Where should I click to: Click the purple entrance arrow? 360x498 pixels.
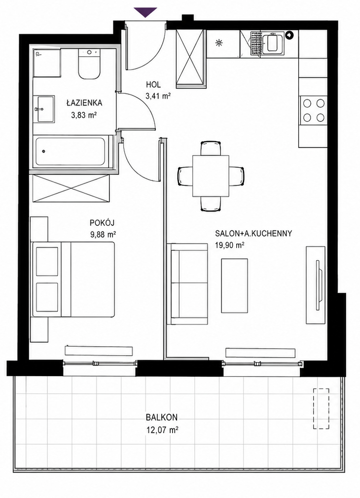(145, 12)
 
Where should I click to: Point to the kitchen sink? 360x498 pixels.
(273, 43)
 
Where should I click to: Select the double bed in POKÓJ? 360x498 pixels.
(73, 279)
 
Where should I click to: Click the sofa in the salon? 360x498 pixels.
(187, 284)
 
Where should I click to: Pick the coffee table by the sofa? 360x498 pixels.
(234, 285)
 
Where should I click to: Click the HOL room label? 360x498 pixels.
(153, 85)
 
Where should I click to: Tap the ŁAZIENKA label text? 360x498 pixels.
(84, 103)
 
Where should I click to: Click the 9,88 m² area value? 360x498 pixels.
(103, 235)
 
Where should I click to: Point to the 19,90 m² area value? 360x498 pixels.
(229, 245)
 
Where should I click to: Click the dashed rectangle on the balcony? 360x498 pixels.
(321, 409)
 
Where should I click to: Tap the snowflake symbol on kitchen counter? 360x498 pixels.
(218, 43)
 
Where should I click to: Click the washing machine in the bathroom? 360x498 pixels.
(47, 63)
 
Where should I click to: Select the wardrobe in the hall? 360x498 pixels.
(190, 58)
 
